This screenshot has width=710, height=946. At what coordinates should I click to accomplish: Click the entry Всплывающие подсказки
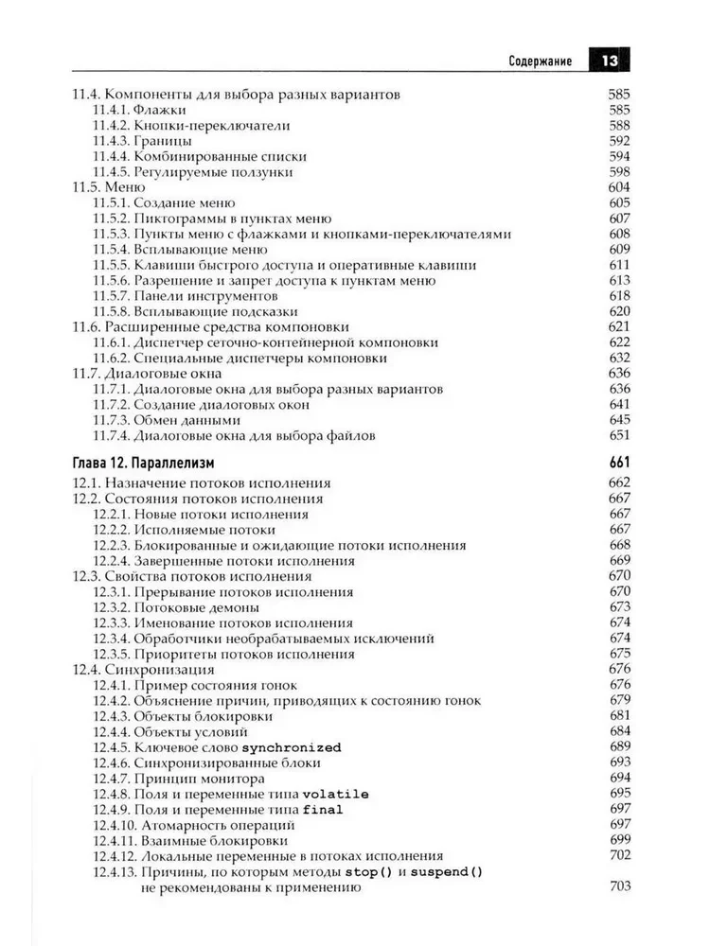216,311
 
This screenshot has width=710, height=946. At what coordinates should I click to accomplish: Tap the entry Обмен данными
186,420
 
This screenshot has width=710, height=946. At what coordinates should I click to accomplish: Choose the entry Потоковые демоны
197,607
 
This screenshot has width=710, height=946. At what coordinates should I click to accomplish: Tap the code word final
323,810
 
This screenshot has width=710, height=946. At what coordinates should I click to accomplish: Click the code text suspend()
443,871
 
